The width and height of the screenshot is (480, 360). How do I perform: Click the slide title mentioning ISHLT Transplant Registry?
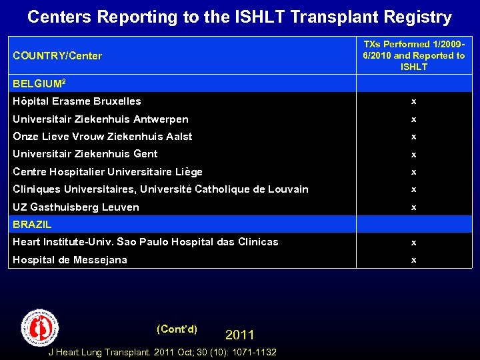pyautogui.click(x=239, y=17)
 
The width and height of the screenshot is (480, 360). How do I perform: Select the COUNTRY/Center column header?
pyautogui.click(x=57, y=56)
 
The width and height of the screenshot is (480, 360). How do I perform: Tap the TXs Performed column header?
pyautogui.click(x=414, y=55)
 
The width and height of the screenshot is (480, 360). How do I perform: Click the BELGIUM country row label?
pyautogui.click(x=39, y=83)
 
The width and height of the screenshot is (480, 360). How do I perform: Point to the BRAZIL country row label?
pyautogui.click(x=32, y=225)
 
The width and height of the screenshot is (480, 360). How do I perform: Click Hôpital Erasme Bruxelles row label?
pyautogui.click(x=77, y=101)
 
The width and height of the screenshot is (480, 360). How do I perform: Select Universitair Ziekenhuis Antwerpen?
pyautogui.click(x=100, y=119)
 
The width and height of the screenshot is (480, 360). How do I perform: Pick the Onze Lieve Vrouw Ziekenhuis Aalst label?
pyautogui.click(x=102, y=137)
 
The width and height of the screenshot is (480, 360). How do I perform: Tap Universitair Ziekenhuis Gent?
pyautogui.click(x=85, y=154)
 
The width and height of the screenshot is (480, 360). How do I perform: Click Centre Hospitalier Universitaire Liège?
pyautogui.click(x=107, y=172)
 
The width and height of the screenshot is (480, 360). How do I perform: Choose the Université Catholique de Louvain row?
pyautogui.click(x=160, y=189)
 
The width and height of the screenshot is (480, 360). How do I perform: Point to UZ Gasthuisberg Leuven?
pyautogui.click(x=75, y=207)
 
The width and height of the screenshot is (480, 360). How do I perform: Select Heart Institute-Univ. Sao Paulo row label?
pyautogui.click(x=145, y=242)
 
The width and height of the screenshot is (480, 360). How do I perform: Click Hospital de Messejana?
pyautogui.click(x=69, y=260)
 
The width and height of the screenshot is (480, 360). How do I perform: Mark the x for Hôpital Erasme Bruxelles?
pyautogui.click(x=414, y=102)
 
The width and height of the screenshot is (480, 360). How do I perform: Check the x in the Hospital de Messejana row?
pyautogui.click(x=414, y=261)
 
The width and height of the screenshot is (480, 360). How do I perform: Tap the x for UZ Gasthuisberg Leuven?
pyautogui.click(x=414, y=207)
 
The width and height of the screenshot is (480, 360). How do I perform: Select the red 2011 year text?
pyautogui.click(x=239, y=335)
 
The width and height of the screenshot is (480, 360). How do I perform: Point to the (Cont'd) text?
pyautogui.click(x=177, y=329)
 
